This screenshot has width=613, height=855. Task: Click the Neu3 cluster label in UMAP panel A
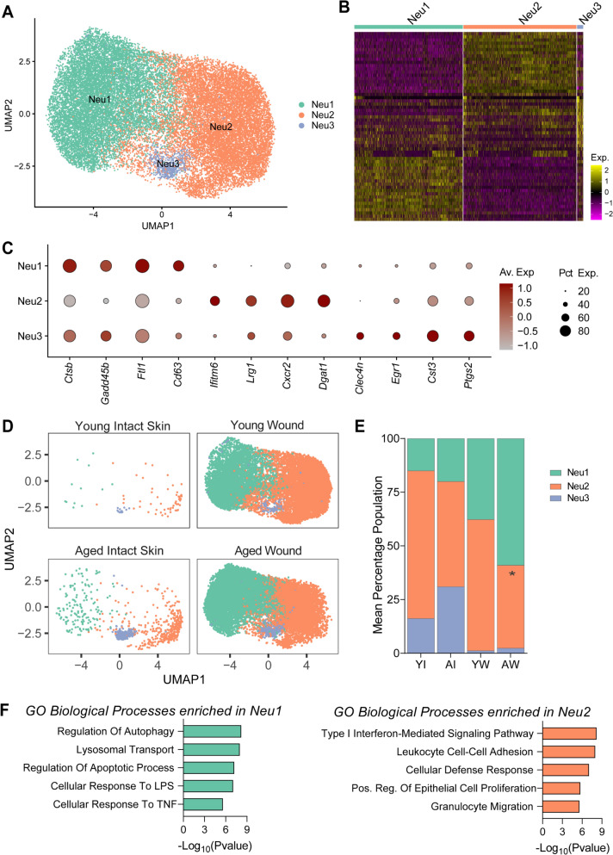(x=168, y=164)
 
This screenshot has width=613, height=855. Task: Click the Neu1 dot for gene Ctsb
(x=70, y=266)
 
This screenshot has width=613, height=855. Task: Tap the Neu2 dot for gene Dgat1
(x=324, y=300)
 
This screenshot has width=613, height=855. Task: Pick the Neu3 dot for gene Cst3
(x=432, y=336)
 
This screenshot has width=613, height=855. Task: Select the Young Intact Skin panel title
(x=123, y=426)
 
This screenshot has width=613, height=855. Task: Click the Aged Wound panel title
(x=268, y=551)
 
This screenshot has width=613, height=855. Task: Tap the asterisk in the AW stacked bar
(x=511, y=574)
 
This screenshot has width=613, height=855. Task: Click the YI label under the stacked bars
(x=420, y=665)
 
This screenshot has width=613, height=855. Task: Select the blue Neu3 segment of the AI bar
(x=450, y=619)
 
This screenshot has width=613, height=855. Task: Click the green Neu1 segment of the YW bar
(x=480, y=480)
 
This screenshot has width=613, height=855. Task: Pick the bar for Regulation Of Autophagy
(x=212, y=731)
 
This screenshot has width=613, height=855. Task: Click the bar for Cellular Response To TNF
(x=203, y=803)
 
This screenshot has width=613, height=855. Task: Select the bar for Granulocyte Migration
(x=560, y=807)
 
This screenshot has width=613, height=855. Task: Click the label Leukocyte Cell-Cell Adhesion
(x=465, y=752)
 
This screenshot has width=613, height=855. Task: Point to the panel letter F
(x=6, y=711)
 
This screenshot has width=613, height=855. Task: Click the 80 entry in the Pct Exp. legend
(x=584, y=331)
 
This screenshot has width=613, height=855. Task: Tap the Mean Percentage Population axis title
(x=378, y=555)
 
